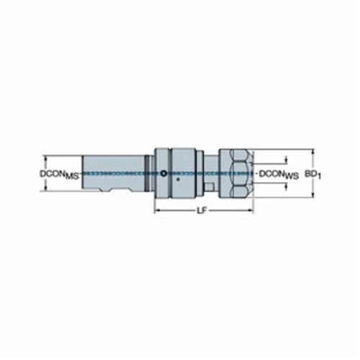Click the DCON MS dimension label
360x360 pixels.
coord(59,174)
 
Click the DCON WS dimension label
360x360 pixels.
coord(279,174)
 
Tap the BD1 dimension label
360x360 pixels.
coord(313,174)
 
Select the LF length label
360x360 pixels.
coord(202,211)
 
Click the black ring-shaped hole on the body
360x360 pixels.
coord(163,173)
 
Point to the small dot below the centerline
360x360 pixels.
coord(178,179)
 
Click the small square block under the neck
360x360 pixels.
coord(210,187)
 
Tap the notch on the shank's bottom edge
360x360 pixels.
coord(105,190)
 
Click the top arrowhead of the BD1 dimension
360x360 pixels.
coord(313,152)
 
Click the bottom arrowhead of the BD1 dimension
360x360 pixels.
coord(313,195)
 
